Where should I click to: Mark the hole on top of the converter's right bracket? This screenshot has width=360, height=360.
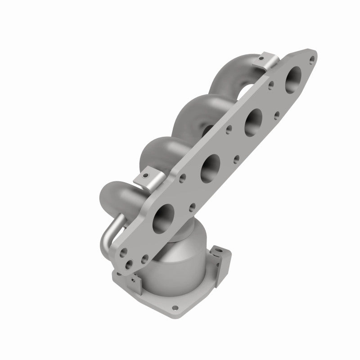(x=218, y=248)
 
